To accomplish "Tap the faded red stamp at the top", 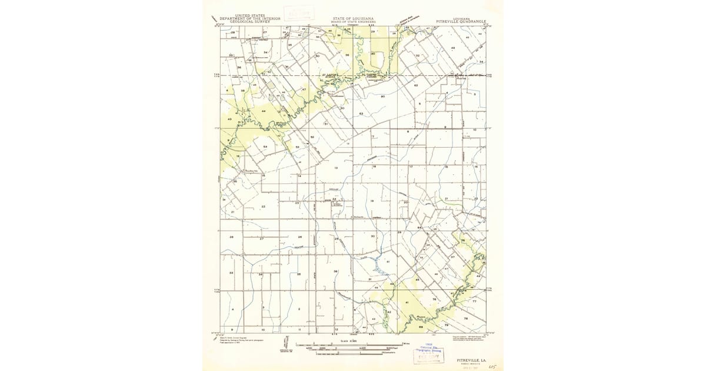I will [x=299, y=14].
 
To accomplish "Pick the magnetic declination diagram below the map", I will [x=287, y=346].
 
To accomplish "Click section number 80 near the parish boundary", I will [x=383, y=96].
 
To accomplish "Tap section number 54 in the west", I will [x=265, y=147].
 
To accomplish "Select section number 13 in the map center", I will [x=336, y=168].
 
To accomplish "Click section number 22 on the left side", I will [x=263, y=207].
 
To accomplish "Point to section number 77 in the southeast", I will [x=474, y=301].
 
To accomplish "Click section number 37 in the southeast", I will [x=452, y=257].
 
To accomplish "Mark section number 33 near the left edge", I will [x=231, y=273].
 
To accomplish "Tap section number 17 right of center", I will [x=411, y=167].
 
